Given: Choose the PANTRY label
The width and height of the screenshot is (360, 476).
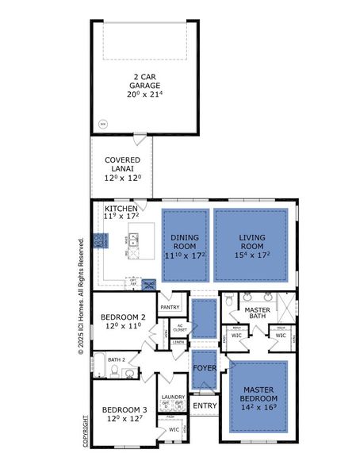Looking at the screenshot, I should pyautogui.click(x=170, y=306).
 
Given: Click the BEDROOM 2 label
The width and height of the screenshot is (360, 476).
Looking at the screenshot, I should pyautogui.click(x=122, y=315).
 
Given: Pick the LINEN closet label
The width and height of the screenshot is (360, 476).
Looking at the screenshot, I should pyautogui.click(x=178, y=342).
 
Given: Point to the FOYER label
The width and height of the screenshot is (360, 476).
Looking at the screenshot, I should pyautogui.click(x=205, y=368).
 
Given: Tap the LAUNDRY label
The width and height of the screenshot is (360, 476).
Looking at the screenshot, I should pyautogui.click(x=173, y=397).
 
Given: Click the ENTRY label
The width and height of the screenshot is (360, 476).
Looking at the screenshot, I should pyautogui.click(x=204, y=405).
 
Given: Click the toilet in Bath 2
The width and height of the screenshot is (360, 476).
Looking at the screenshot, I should pyautogui.click(x=116, y=371).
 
